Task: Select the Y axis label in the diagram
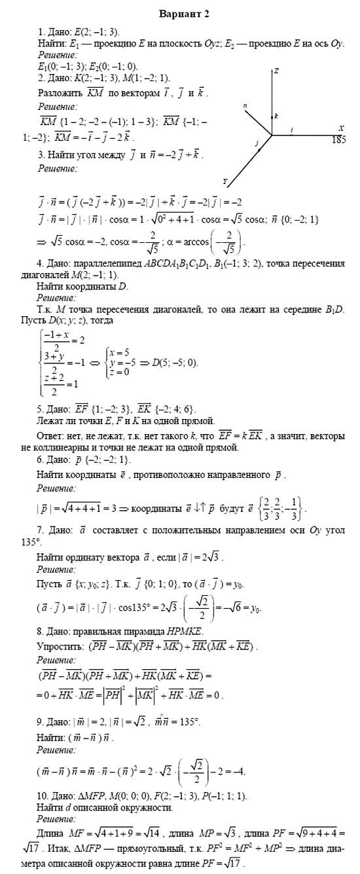[x=225, y=181]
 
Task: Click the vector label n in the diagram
[x=245, y=105]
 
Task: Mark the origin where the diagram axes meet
[x=272, y=136]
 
